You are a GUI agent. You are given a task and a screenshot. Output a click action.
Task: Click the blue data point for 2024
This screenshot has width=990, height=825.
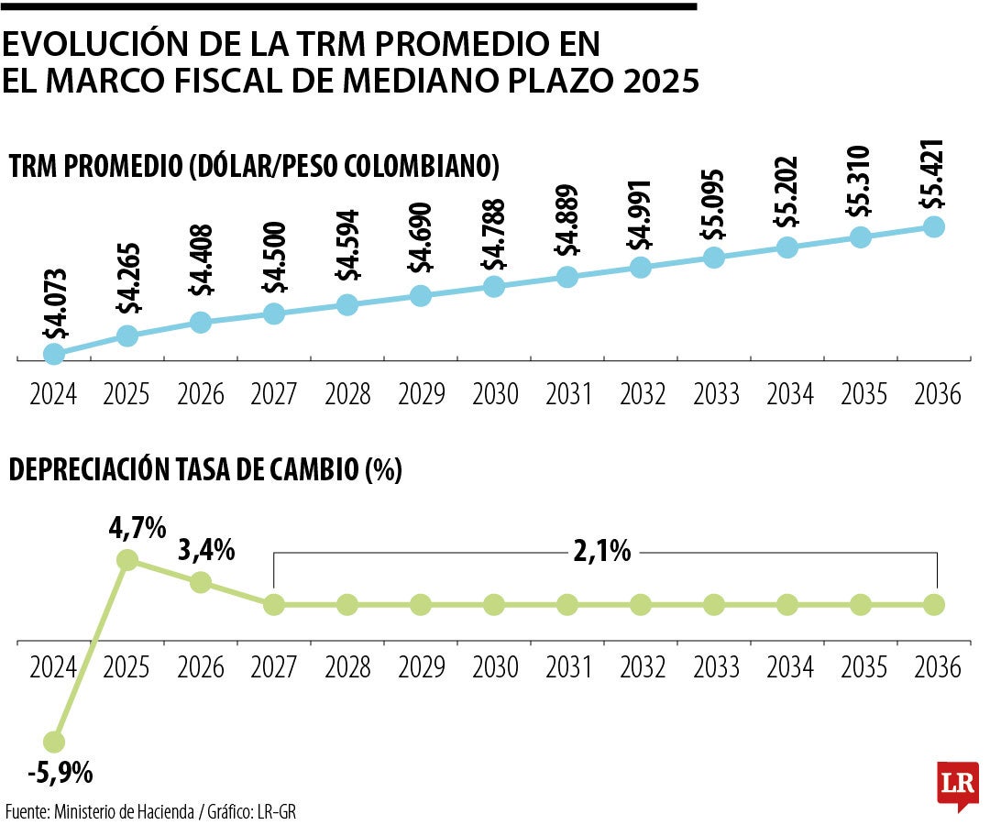[x=54, y=353]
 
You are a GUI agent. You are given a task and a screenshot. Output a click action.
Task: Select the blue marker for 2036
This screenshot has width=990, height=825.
[x=934, y=226]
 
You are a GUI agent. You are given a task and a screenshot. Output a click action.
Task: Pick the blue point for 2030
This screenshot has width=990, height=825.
[x=494, y=286]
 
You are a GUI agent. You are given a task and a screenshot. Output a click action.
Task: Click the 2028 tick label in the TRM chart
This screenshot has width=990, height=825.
[x=346, y=394]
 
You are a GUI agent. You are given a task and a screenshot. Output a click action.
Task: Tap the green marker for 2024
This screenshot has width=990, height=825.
[x=54, y=741]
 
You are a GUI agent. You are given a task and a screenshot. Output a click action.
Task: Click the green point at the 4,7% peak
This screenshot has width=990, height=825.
[x=127, y=559]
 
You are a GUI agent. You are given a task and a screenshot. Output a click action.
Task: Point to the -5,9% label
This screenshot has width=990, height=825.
[x=60, y=773]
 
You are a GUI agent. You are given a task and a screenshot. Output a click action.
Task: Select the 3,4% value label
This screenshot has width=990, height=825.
[x=208, y=551]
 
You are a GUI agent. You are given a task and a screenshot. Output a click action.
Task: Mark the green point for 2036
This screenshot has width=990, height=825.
[x=934, y=604]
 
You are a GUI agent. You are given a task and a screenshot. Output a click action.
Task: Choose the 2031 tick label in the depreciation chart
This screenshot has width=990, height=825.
[x=568, y=666]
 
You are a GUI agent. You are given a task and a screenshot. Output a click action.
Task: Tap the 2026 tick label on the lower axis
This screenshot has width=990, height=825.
[x=201, y=666]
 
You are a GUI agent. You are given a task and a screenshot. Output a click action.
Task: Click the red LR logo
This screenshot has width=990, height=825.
[x=958, y=784]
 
